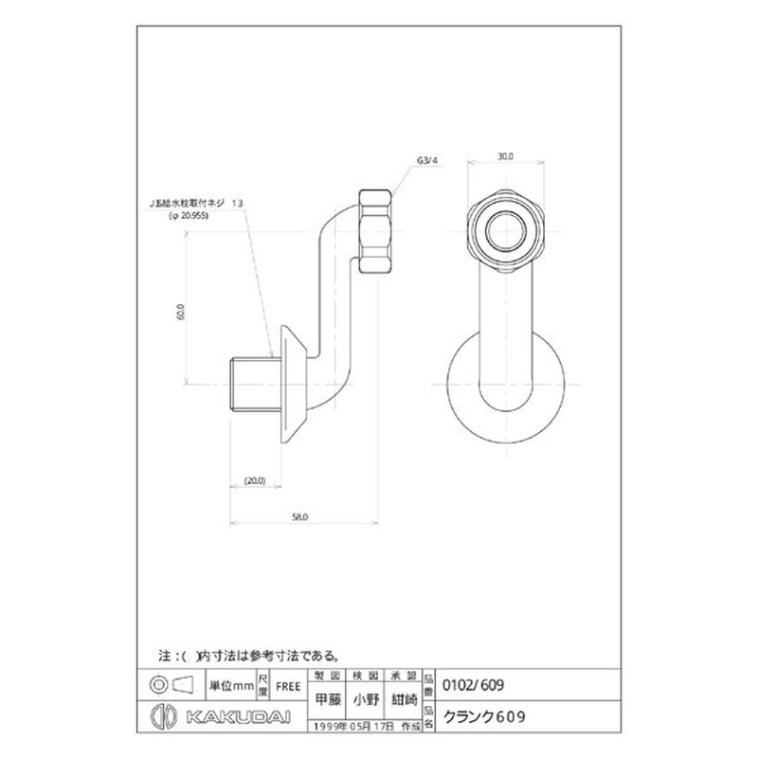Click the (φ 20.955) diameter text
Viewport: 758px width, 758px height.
[189, 216]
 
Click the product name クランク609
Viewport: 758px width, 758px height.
[485, 717]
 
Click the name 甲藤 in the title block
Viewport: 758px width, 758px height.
[326, 702]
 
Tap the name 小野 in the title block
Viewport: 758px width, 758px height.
[366, 702]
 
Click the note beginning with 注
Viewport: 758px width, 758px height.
[250, 655]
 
